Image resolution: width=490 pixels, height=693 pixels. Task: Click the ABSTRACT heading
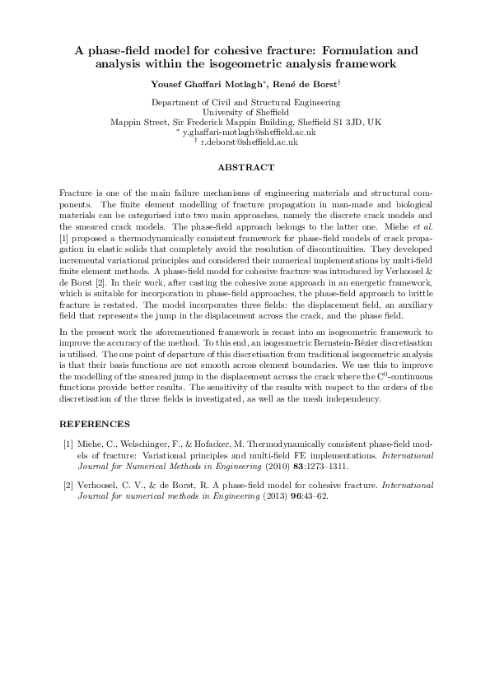click(x=245, y=167)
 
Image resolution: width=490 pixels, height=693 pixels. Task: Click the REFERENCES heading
click(x=95, y=424)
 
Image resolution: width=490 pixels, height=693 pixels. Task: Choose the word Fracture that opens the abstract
click(x=76, y=191)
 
